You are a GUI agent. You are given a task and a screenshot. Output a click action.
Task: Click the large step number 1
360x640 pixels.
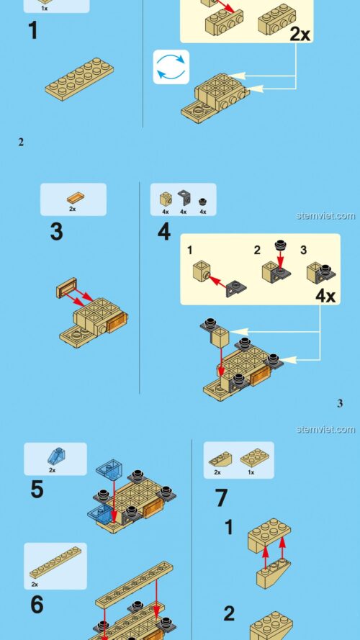tap(33, 30)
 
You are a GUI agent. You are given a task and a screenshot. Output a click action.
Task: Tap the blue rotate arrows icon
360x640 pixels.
tap(171, 67)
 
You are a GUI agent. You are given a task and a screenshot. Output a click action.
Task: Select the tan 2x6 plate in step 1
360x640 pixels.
tap(79, 78)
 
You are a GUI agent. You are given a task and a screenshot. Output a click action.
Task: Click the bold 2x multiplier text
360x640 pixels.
tap(300, 35)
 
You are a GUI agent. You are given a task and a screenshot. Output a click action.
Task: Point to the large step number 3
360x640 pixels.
tap(56, 231)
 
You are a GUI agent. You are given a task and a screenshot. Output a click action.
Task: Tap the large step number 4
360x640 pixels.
tap(163, 232)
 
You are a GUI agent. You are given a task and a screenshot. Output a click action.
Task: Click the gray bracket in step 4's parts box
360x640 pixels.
tap(184, 197)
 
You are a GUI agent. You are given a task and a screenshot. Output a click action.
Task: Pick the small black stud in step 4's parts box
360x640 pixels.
tap(202, 202)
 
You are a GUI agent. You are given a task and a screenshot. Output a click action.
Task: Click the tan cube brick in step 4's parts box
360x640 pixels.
tap(166, 199)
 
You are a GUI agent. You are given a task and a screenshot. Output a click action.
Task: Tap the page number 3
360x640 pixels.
tap(340, 404)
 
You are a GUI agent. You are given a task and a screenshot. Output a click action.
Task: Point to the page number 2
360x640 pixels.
tap(21, 142)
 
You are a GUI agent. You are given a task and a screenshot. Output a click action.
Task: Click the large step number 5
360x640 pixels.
tap(37, 489)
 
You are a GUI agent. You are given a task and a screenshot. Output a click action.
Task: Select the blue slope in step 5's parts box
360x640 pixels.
tap(56, 456)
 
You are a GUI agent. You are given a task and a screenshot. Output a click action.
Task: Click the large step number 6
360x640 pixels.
tap(37, 605)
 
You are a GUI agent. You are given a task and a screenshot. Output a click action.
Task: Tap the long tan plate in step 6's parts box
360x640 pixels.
tap(55, 562)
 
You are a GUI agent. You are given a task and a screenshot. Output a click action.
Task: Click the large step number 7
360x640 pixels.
tap(221, 498)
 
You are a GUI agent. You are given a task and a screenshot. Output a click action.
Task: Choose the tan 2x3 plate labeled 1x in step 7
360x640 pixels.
tap(254, 458)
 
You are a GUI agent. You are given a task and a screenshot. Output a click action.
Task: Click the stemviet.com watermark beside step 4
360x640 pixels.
tap(325, 215)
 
